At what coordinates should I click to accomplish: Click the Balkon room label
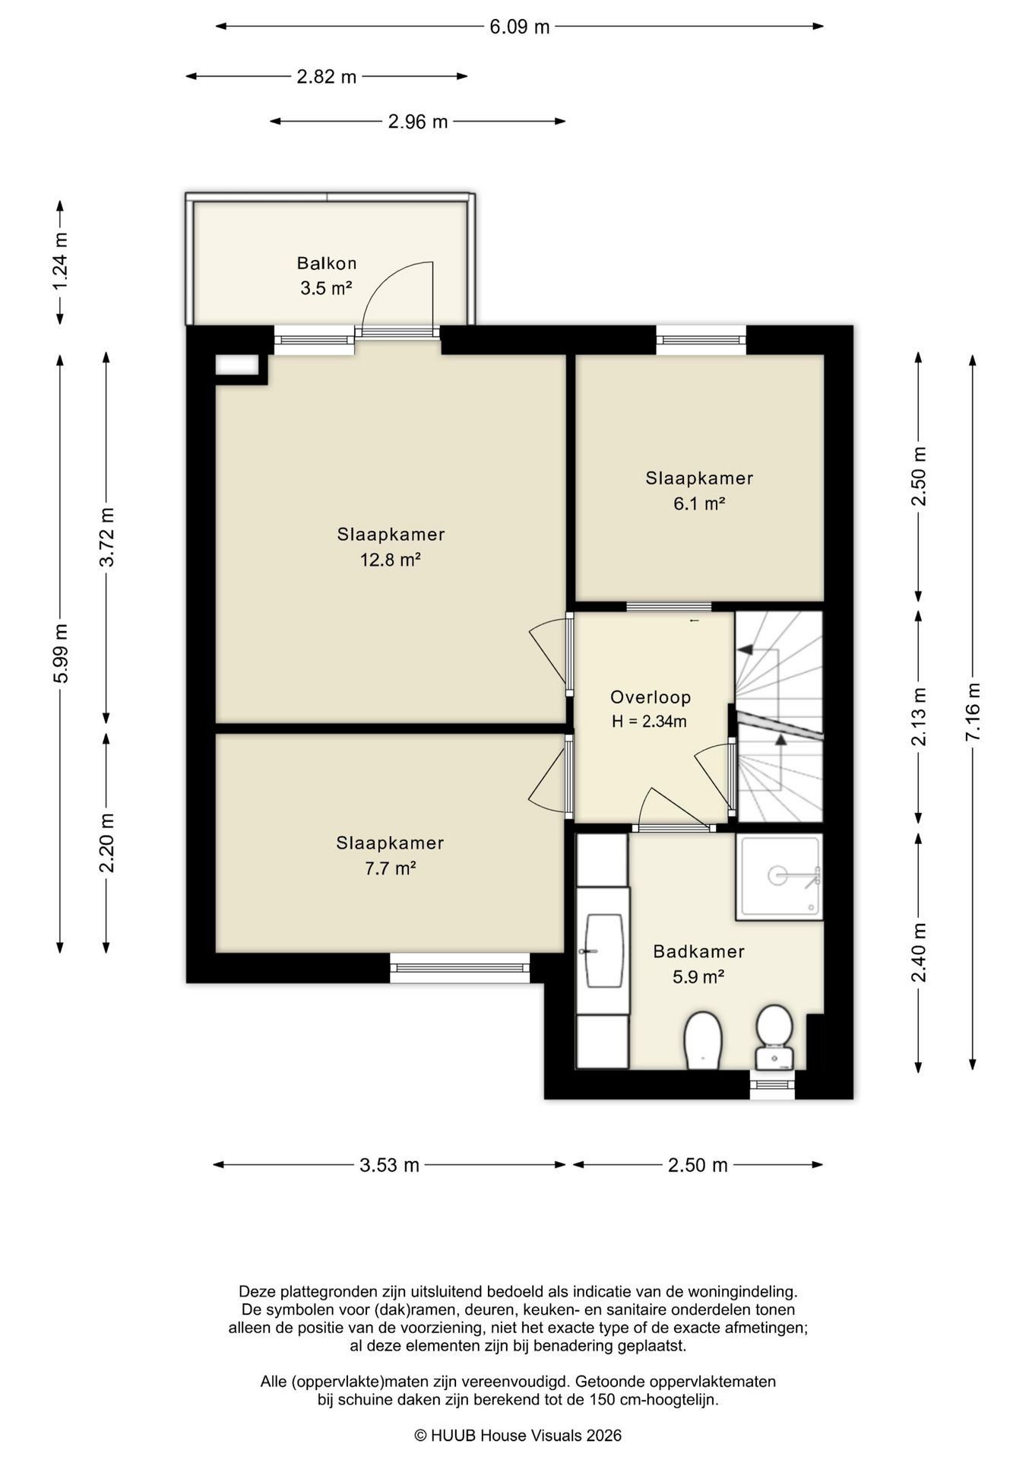[x=327, y=264]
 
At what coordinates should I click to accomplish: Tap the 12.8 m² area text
[x=391, y=560]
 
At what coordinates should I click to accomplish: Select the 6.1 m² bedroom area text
[x=699, y=503]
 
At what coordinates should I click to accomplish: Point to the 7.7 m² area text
[x=390, y=868]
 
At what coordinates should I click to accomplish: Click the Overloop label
[x=651, y=697]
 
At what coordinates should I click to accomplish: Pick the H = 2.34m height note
[x=650, y=722]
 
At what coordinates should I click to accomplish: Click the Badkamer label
[x=699, y=951]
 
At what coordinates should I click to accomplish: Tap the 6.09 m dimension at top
[x=520, y=27]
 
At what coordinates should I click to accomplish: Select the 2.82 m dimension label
[x=327, y=77]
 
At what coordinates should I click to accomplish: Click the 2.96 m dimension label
[x=418, y=122]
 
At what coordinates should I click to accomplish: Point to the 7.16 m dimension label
[x=973, y=711]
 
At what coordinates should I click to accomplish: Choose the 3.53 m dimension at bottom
[x=389, y=1165]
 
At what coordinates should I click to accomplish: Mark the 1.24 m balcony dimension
[x=60, y=261]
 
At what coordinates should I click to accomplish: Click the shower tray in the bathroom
[x=779, y=877]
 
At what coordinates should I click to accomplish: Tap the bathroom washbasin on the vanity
[x=603, y=951]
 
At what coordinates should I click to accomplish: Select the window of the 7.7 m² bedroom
[x=460, y=968]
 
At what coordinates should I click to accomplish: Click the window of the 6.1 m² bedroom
[x=701, y=340]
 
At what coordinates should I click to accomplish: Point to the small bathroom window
[x=772, y=1084]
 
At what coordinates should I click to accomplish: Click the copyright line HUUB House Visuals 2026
[x=518, y=1436]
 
